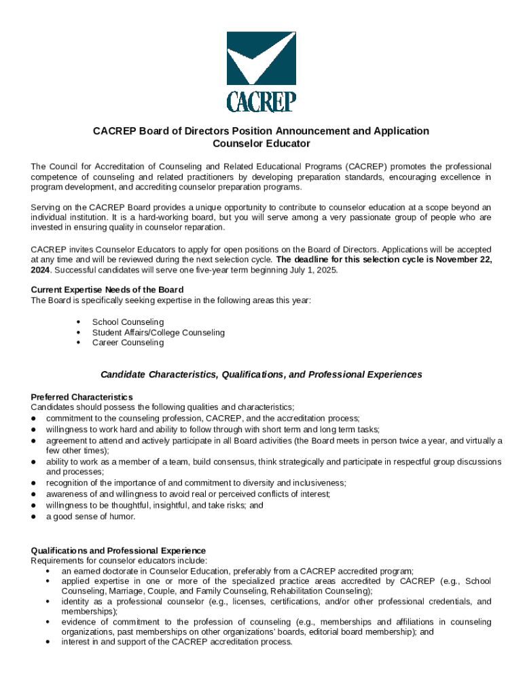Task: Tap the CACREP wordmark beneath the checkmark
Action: pyautogui.click(x=261, y=101)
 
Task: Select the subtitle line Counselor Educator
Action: pyautogui.click(x=261, y=143)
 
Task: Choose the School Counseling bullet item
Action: pyautogui.click(x=128, y=322)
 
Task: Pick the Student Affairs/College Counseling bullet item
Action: pyautogui.click(x=158, y=332)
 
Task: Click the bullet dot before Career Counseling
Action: pyautogui.click(x=79, y=343)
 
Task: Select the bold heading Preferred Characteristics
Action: pyautogui.click(x=82, y=397)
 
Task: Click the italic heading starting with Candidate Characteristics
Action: pyautogui.click(x=261, y=375)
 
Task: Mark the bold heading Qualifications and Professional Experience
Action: pyautogui.click(x=119, y=550)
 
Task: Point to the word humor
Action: pyautogui.click(x=123, y=517)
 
